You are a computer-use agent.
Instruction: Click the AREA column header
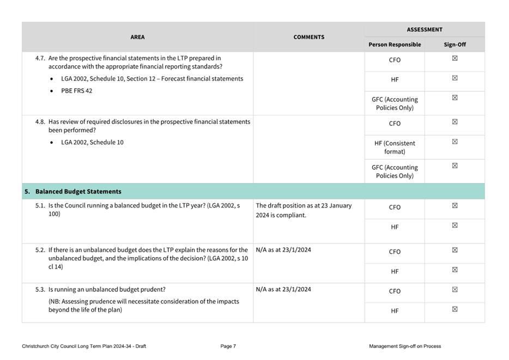point(137,37)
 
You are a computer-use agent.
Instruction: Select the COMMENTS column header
point(308,37)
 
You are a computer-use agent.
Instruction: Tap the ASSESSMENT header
point(424,29)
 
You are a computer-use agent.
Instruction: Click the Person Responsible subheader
point(395,45)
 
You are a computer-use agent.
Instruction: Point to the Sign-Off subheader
point(455,45)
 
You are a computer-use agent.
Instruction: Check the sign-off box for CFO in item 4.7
point(455,59)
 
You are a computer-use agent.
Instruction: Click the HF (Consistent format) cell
point(395,147)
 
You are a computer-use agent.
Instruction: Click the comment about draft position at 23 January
point(304,210)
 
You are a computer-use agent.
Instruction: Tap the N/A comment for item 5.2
point(283,251)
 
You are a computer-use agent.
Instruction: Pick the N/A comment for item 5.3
point(283,289)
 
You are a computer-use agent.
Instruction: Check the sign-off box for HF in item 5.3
point(455,309)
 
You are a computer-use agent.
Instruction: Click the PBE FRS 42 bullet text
point(76,91)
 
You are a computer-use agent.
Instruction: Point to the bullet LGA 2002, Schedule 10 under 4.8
point(92,143)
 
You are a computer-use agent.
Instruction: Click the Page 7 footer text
point(228,346)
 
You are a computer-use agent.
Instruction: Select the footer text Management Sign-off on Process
point(404,346)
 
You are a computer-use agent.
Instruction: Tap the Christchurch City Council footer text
point(84,346)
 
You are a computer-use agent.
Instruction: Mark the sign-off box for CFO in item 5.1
point(455,206)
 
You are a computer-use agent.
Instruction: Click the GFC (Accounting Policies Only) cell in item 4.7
point(395,103)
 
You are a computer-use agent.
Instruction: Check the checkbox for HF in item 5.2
point(455,270)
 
